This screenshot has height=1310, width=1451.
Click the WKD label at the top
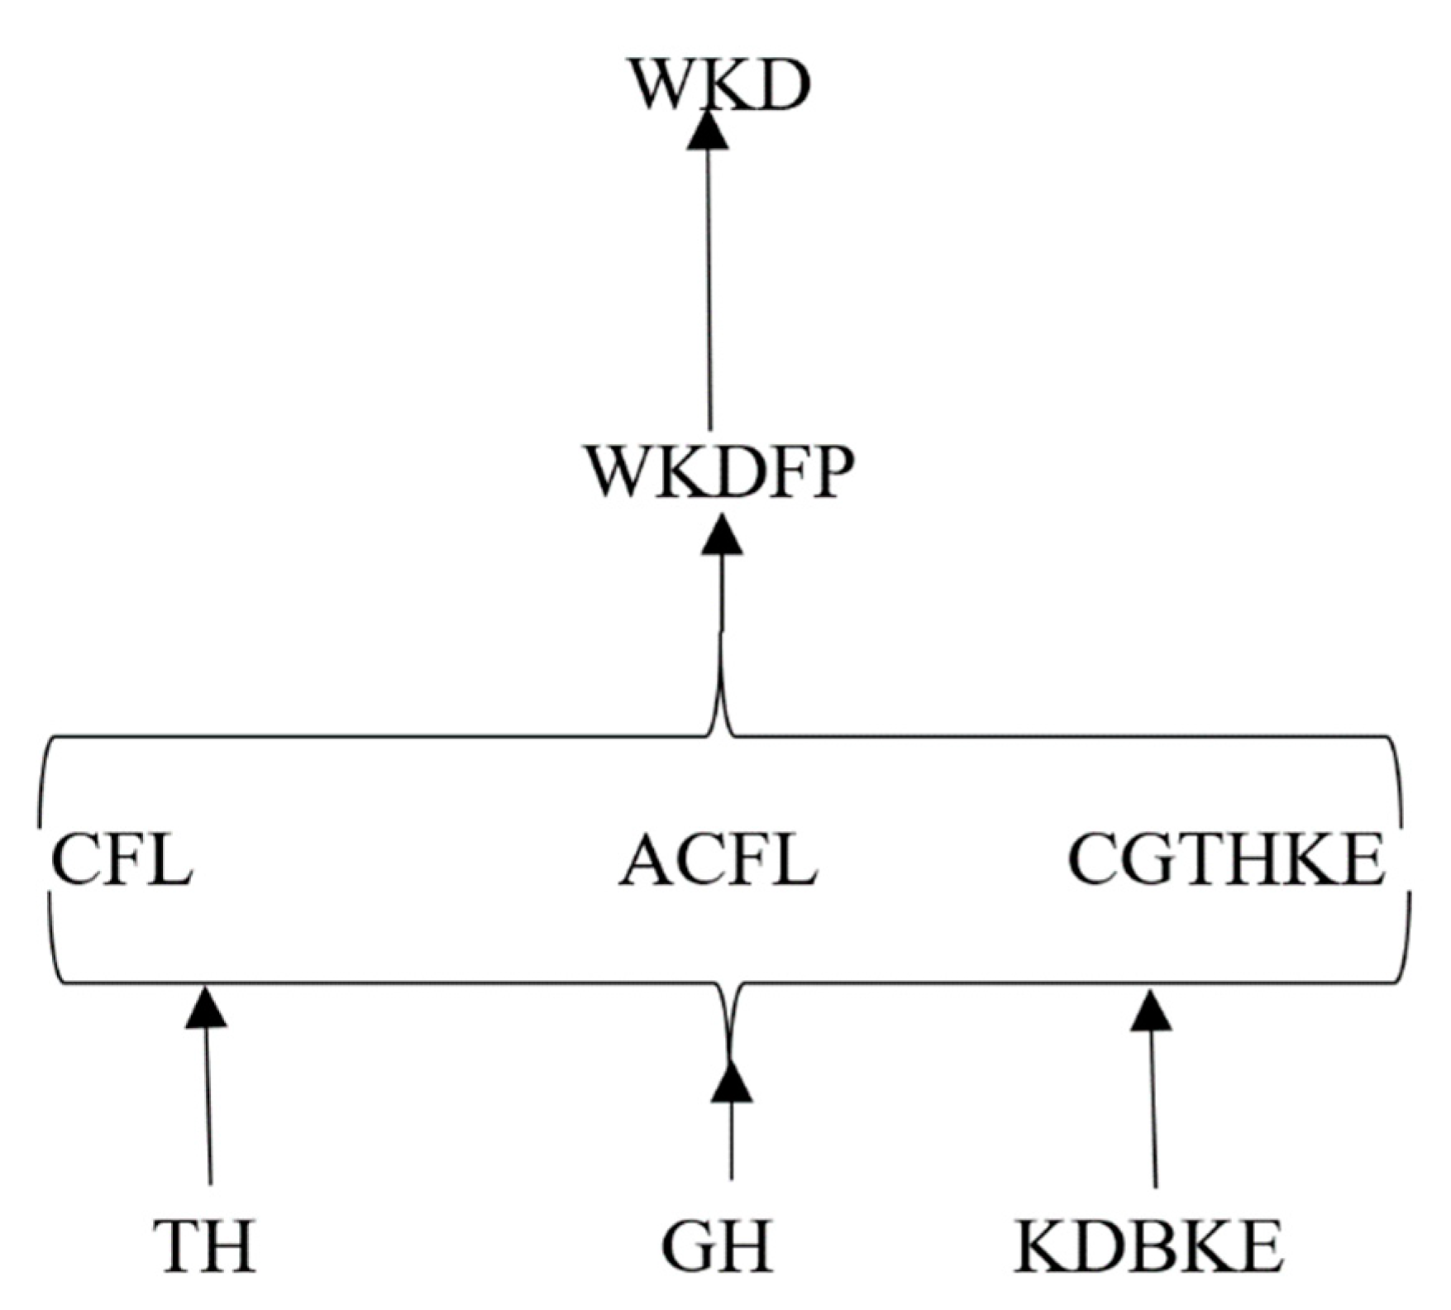pyautogui.click(x=718, y=84)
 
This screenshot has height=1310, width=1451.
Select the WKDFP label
pyautogui.click(x=718, y=472)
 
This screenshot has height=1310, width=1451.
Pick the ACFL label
pyautogui.click(x=718, y=860)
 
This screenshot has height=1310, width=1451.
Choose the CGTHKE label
pyautogui.click(x=1227, y=860)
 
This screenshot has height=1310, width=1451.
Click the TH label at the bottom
pyautogui.click(x=204, y=1245)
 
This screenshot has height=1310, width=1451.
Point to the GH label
pyautogui.click(x=718, y=1245)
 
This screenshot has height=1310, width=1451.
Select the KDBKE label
pyautogui.click(x=1149, y=1245)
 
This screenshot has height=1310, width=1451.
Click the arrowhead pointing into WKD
pyautogui.click(x=709, y=132)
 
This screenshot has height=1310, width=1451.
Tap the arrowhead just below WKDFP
pyautogui.click(x=722, y=536)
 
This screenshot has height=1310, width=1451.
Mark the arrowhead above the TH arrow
pyautogui.click(x=206, y=1008)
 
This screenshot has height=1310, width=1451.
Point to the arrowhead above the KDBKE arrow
pyautogui.click(x=1151, y=1011)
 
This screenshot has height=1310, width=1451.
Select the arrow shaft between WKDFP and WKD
pyautogui.click(x=709, y=289)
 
